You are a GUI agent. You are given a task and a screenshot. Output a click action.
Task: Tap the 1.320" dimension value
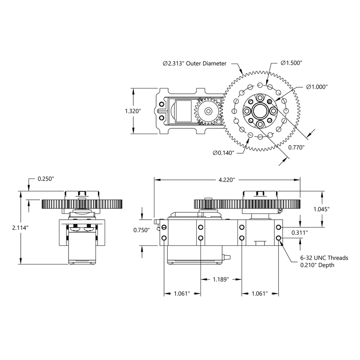point(132,111)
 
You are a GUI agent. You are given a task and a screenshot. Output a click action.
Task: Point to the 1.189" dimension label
point(220,279)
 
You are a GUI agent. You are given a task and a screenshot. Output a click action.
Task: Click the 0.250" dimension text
point(46,179)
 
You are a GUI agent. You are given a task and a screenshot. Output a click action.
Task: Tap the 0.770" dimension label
point(296,147)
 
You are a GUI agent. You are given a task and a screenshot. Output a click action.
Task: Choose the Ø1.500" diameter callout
point(291,63)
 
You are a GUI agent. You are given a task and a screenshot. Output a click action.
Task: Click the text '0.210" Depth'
point(317,265)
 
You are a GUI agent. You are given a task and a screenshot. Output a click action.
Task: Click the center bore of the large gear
point(260,111)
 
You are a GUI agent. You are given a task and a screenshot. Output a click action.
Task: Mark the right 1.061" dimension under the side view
point(259,294)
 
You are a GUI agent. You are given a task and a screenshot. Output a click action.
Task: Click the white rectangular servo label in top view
point(183,111)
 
